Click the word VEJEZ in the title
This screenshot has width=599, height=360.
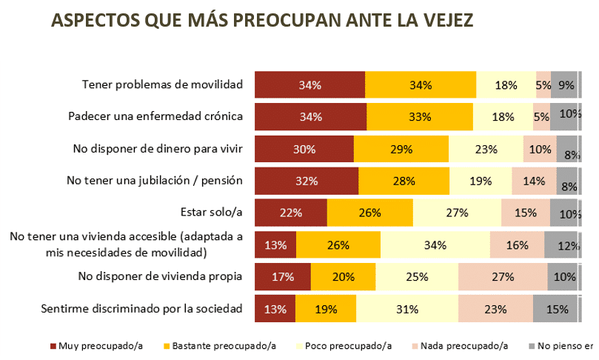tap(447, 21)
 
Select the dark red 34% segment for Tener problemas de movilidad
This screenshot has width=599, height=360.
tap(309, 85)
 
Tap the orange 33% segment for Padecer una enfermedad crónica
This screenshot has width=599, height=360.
tap(420, 117)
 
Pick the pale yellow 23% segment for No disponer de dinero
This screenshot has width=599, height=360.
tap(486, 149)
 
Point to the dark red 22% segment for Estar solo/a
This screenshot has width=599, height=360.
tap(290, 213)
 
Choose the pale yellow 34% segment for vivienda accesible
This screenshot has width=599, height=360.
tap(435, 244)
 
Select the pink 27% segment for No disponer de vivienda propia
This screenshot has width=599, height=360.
tap(502, 276)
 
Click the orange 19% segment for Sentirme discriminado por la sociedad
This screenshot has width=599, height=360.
tap(326, 308)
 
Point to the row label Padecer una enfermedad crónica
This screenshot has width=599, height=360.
tap(155, 117)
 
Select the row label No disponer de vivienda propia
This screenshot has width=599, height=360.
tap(160, 276)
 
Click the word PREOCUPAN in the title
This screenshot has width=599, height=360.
tap(291, 21)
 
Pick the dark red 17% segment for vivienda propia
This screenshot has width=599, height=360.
tap(283, 276)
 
